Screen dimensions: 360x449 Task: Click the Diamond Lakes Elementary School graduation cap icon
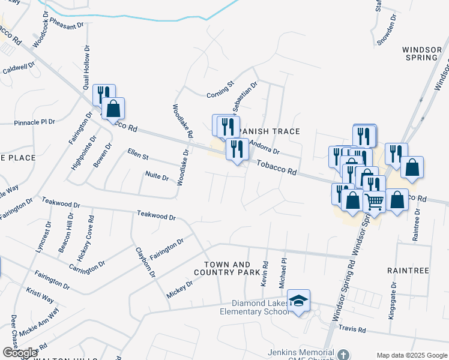[x=298, y=301]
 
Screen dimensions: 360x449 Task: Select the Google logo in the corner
[x=19, y=353]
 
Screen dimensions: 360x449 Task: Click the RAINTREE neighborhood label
[x=408, y=271]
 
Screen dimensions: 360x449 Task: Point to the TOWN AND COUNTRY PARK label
[x=228, y=268]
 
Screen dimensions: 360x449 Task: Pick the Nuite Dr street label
[x=157, y=175]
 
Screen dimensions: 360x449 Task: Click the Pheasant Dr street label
[x=67, y=26]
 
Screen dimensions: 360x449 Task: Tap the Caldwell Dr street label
[x=18, y=68]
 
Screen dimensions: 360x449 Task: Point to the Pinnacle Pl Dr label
[x=34, y=122]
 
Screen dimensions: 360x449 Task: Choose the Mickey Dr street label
[x=179, y=290]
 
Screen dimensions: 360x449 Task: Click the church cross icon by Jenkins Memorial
[x=343, y=354]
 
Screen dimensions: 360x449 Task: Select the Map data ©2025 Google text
[x=412, y=355]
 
